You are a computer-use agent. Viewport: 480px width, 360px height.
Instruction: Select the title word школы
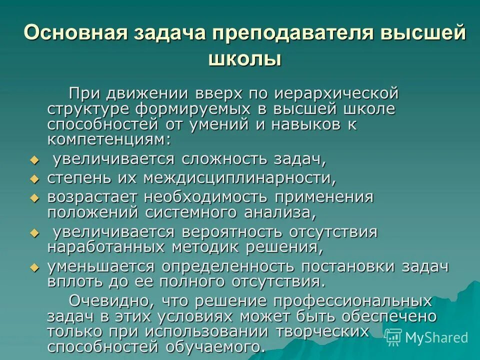245,59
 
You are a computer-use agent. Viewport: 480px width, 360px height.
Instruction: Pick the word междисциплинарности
238,178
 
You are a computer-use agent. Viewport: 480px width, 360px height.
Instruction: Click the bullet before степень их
34,178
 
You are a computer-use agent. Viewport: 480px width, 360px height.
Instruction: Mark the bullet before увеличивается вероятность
34,233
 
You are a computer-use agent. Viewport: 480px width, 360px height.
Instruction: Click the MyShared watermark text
436,337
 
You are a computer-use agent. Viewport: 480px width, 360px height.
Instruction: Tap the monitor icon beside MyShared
394,337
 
